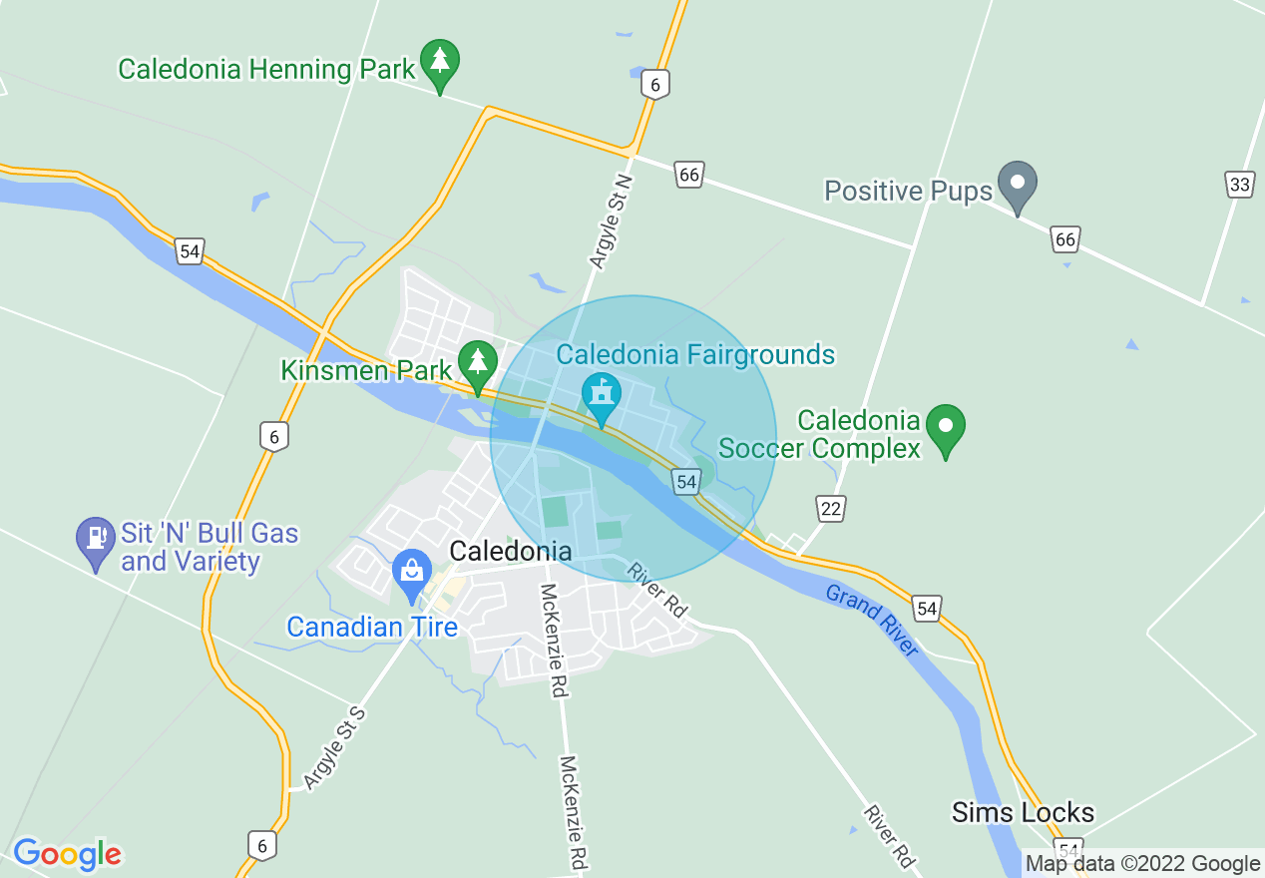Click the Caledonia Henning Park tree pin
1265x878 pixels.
point(439,62)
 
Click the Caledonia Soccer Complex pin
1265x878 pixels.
point(946,427)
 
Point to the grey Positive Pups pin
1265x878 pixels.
point(1018,186)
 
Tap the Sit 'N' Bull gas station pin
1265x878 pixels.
point(95,540)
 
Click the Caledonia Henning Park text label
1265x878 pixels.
point(265,70)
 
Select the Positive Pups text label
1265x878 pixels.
point(908,191)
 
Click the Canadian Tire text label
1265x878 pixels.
point(372,628)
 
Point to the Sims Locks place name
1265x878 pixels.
point(1023,812)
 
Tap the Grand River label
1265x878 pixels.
point(872,620)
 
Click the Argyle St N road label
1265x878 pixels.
point(612,221)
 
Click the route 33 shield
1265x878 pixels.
point(1239,184)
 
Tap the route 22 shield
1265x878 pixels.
point(830,509)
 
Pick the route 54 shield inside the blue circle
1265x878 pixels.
point(685,482)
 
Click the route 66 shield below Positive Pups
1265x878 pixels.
point(1065,239)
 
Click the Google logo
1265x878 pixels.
point(67,854)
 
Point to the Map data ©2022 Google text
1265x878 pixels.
point(1143,864)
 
